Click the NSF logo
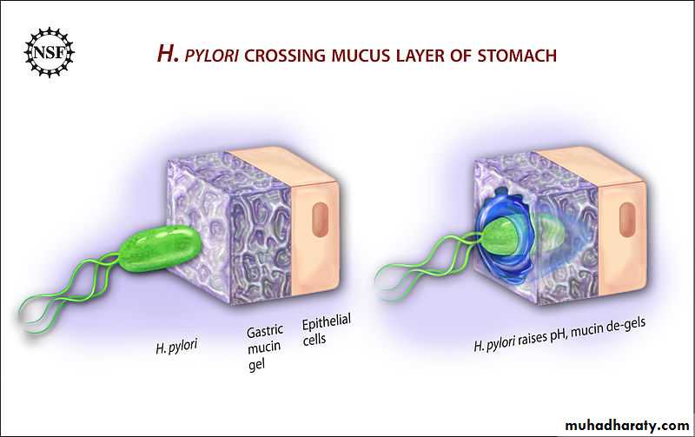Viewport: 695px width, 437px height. pos(50,52)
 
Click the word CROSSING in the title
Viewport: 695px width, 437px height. pos(285,56)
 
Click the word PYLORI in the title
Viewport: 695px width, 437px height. pos(212,56)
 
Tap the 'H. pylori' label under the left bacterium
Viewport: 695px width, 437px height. pos(176,346)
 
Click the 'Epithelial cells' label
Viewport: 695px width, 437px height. pos(327,329)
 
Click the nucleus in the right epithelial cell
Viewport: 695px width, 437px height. pos(627,220)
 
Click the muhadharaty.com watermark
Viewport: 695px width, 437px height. pos(627,425)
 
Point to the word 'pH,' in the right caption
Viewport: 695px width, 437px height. pos(559,336)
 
